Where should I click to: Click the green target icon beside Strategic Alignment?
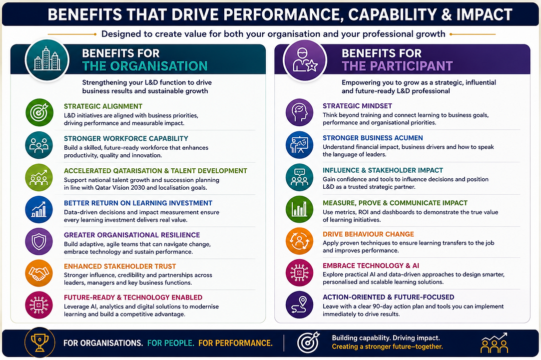[x=39, y=112]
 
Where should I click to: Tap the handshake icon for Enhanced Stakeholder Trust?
[x=39, y=273]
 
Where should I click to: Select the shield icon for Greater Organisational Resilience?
[x=39, y=241]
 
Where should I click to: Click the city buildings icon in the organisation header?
[x=47, y=59]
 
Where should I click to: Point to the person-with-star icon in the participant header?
[x=305, y=60]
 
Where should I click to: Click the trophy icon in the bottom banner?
[x=39, y=343]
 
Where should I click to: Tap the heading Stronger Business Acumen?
[x=373, y=138]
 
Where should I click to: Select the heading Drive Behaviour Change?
[x=368, y=234]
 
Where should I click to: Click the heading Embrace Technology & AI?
[x=371, y=266]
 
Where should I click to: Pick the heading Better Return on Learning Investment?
[x=138, y=203]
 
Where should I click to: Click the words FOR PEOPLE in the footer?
[x=170, y=343]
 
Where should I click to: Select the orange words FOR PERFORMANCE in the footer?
[x=235, y=343]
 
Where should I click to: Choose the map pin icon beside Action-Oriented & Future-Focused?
[x=300, y=305]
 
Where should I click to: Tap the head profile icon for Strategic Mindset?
[x=300, y=112]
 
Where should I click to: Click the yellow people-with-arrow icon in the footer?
[x=494, y=343]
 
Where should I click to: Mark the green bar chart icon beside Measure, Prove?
[x=300, y=209]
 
